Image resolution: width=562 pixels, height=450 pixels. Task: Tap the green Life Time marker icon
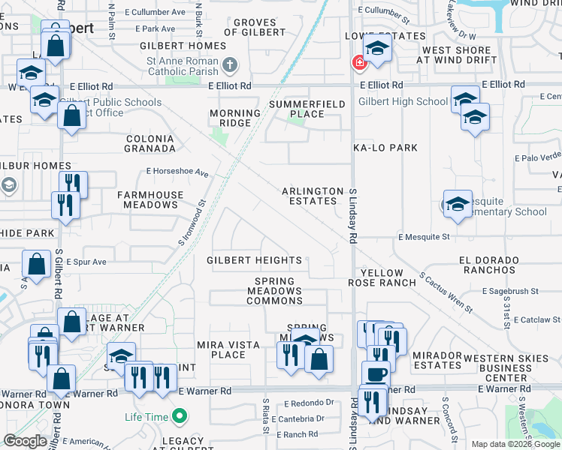coord(179,415)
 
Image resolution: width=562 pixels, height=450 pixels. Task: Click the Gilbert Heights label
coord(254,261)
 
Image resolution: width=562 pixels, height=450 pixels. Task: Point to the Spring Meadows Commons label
coord(275,291)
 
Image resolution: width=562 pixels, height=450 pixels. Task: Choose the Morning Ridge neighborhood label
coord(234,118)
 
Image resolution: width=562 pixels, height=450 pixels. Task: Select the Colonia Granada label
coord(150,144)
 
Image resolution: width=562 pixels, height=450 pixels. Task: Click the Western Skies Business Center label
coord(506,368)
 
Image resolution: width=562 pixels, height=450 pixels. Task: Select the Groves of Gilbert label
coord(255,28)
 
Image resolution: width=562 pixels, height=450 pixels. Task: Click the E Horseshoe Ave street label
coord(177,172)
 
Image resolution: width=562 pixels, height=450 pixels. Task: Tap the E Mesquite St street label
coord(424,237)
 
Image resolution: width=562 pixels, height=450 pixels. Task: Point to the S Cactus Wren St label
coord(446,292)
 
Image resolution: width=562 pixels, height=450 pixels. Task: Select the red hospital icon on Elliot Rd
coord(360,64)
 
